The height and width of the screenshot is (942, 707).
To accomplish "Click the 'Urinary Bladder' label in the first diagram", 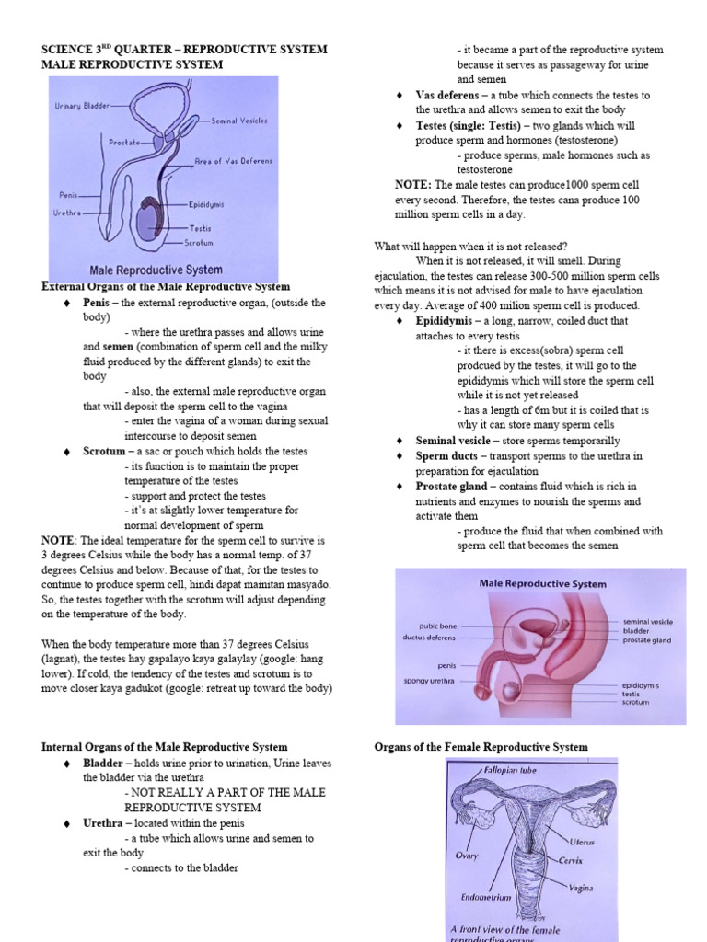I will click(82, 106).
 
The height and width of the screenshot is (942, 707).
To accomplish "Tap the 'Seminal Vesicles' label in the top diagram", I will click(239, 121).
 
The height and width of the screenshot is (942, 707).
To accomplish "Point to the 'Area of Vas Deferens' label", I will click(234, 161).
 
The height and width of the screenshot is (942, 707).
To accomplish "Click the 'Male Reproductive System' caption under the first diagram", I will click(156, 270).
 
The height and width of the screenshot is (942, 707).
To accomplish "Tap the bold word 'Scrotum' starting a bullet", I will click(103, 452).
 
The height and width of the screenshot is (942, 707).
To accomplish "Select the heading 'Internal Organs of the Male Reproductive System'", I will click(165, 747).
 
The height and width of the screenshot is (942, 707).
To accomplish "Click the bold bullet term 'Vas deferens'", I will click(446, 95).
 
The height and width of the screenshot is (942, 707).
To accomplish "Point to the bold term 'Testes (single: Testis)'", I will click(467, 126).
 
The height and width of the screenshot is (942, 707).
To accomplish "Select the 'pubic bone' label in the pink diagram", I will click(437, 626).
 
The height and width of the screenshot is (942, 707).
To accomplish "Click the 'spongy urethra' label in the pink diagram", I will click(429, 682).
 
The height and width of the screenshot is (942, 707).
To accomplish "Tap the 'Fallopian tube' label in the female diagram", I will click(512, 769).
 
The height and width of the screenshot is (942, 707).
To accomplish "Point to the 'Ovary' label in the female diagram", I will click(467, 855).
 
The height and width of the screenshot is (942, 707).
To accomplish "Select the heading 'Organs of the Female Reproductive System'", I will click(481, 747).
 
